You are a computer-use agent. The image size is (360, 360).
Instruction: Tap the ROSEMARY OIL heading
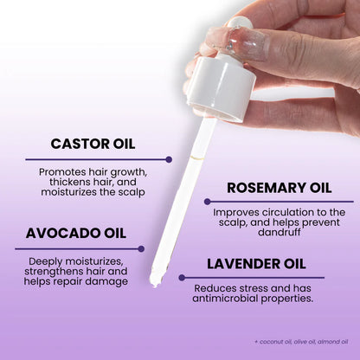point(278,188)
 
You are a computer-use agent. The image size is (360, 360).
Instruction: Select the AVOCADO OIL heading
point(75,233)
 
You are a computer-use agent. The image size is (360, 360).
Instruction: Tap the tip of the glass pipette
point(157,281)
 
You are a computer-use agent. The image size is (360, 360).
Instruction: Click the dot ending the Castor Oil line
point(169,159)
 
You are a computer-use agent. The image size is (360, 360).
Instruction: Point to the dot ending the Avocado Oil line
point(142,249)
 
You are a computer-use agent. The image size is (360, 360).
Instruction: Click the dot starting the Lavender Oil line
point(181,279)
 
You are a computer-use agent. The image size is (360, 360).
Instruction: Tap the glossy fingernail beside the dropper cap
point(219,37)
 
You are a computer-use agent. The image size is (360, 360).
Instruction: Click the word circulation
point(278,212)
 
